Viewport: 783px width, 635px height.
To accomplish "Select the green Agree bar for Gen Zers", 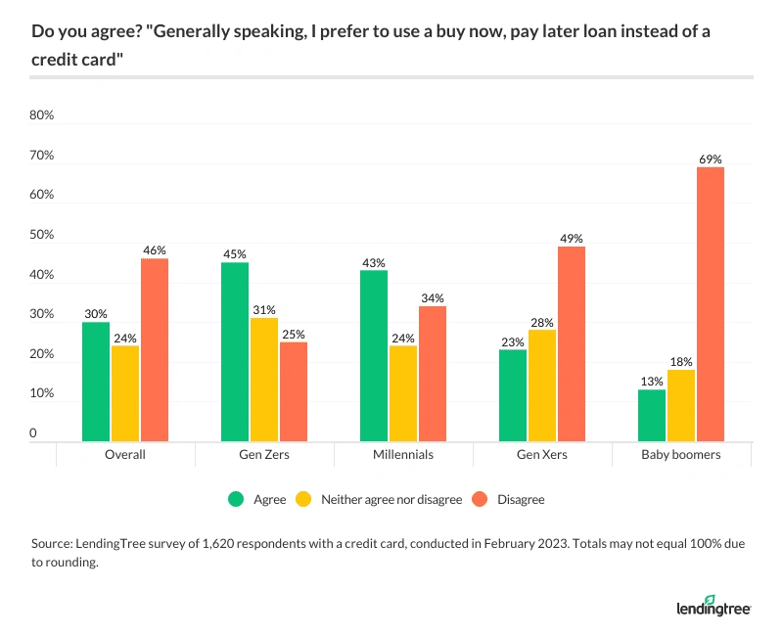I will pyautogui.click(x=235, y=352).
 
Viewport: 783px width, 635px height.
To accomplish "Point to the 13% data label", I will pyautogui.click(x=652, y=383).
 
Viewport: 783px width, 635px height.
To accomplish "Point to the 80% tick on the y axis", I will pyautogui.click(x=42, y=115).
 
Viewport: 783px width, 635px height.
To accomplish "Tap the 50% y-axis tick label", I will pyautogui.click(x=42, y=236).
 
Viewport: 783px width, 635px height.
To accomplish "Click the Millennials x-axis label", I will pyautogui.click(x=403, y=455).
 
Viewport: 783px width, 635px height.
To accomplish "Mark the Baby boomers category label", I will pyautogui.click(x=681, y=455).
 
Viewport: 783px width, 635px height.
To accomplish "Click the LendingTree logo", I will pyautogui.click(x=714, y=607).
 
